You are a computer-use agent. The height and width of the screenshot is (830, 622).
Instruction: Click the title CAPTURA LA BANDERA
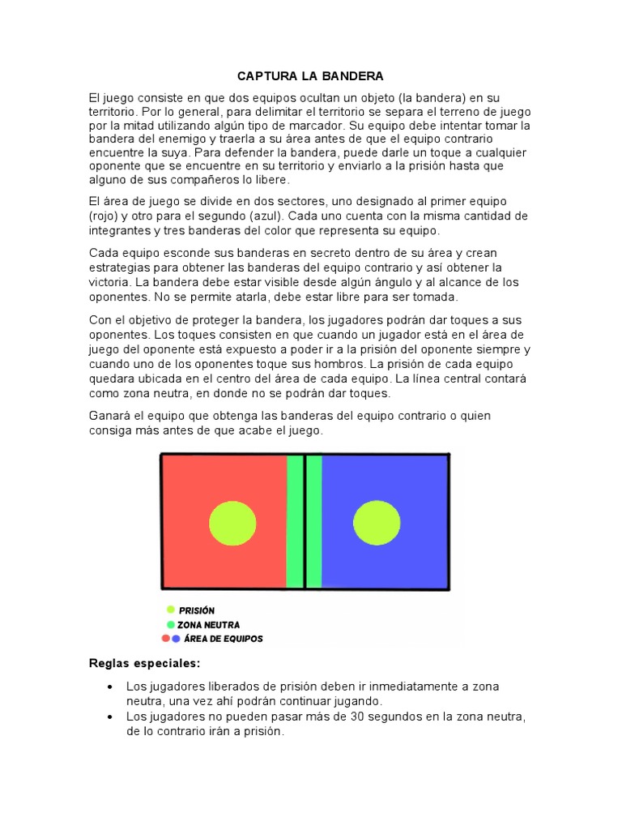point(310,76)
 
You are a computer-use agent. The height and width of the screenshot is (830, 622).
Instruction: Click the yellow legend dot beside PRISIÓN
point(171,610)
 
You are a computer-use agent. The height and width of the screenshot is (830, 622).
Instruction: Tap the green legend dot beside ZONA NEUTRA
point(171,624)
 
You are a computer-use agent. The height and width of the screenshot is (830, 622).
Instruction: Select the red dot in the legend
point(166,638)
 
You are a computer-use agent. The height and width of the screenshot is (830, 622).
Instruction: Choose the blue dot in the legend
point(176,638)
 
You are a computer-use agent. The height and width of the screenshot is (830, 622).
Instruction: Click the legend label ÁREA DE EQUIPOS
point(224,639)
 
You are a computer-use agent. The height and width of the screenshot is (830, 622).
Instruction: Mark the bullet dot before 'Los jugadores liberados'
point(110,687)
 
